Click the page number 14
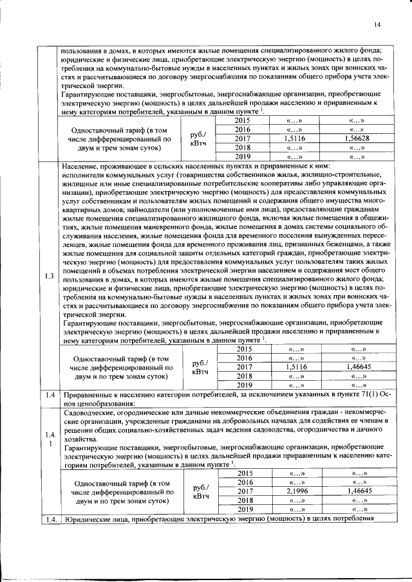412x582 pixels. (377, 24)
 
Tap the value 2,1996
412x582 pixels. (293, 491)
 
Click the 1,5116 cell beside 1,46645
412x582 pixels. (294, 367)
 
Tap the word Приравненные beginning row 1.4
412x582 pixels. (91, 394)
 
